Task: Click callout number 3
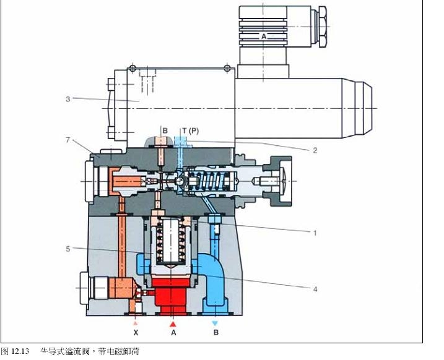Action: (68, 99)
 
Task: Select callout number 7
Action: (67, 140)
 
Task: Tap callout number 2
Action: (315, 150)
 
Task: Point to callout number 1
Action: (315, 233)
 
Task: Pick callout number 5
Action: (68, 249)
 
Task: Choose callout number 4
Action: (315, 289)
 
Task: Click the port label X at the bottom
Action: (136, 333)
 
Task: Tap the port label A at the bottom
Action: (173, 333)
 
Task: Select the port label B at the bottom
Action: (215, 332)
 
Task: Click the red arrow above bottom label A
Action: (173, 324)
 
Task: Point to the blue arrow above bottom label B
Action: (215, 323)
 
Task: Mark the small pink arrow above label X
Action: (136, 323)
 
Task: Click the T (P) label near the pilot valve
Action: (190, 131)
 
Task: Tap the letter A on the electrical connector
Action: (264, 36)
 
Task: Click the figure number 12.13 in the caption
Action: (20, 351)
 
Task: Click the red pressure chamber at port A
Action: (172, 296)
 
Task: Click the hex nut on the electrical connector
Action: (323, 27)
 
